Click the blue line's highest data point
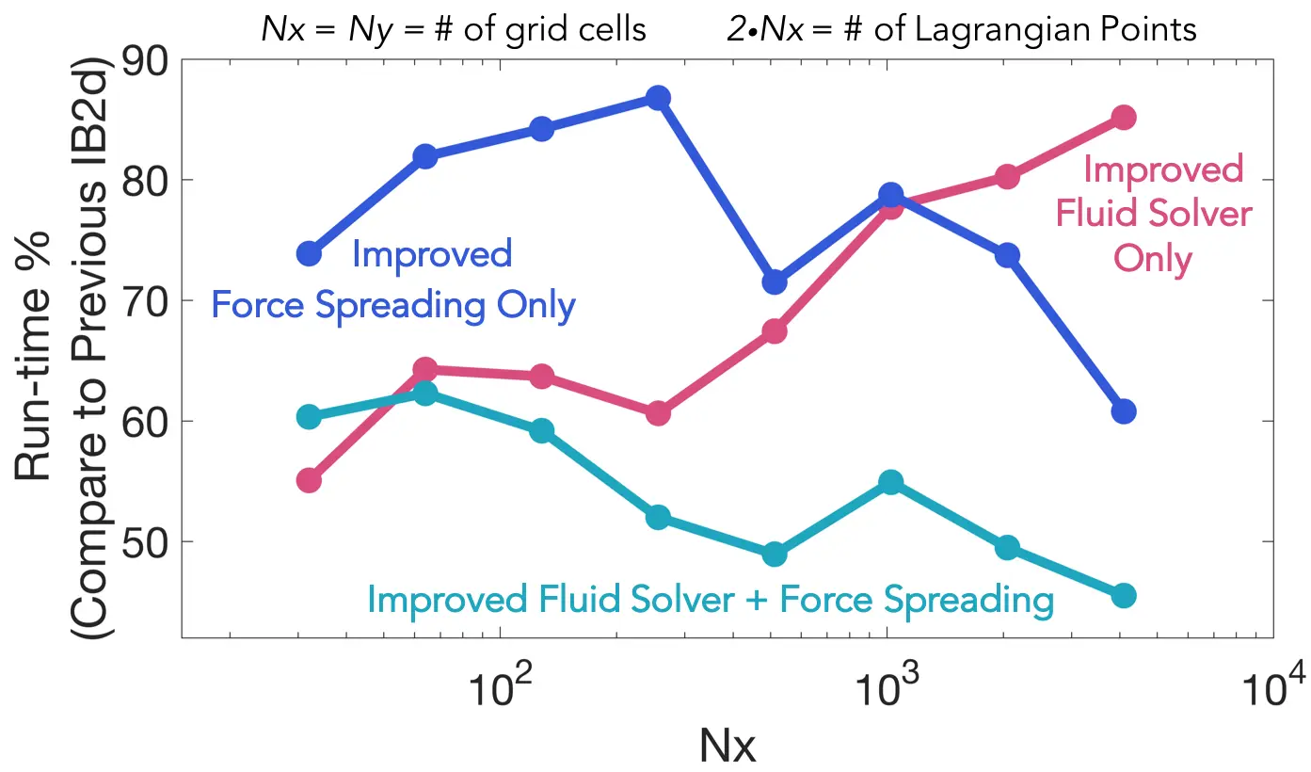pyautogui.click(x=658, y=98)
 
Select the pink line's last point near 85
pyautogui.click(x=1123, y=117)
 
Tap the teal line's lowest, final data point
pyautogui.click(x=1123, y=595)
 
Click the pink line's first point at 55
pyautogui.click(x=309, y=480)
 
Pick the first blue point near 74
pyautogui.click(x=309, y=253)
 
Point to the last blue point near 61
pyautogui.click(x=1123, y=411)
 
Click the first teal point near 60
pyautogui.click(x=309, y=417)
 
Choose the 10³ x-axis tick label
pyautogui.click(x=886, y=695)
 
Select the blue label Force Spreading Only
pyautogui.click(x=392, y=306)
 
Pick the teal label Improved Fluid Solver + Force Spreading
pyautogui.click(x=711, y=600)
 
